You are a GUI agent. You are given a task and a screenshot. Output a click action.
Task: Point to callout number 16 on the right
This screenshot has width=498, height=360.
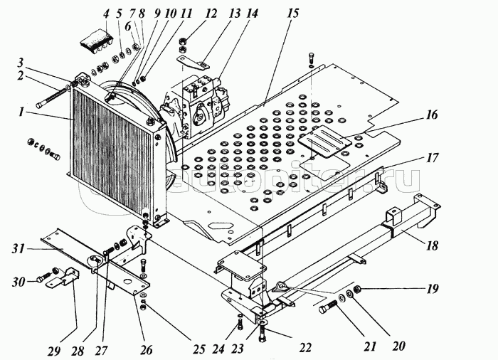[x=433, y=114]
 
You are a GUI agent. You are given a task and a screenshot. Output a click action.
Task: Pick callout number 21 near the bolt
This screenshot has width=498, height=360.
[x=370, y=347]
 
